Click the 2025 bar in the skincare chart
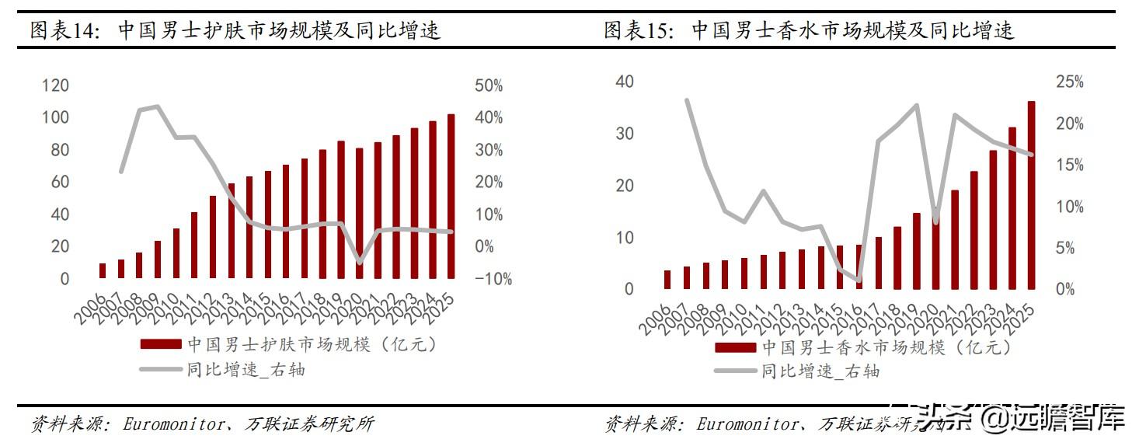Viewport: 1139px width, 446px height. click(451, 196)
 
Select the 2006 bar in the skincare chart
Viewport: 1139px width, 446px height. click(103, 270)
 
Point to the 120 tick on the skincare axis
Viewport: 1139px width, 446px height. click(55, 85)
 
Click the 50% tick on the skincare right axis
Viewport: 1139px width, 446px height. click(489, 85)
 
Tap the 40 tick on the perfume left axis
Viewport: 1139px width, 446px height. click(625, 82)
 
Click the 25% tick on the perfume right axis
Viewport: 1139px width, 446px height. click(1068, 82)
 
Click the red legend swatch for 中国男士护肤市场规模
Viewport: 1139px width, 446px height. click(161, 344)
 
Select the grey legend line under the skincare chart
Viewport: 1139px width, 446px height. click(161, 370)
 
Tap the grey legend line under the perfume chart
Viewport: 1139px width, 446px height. click(735, 371)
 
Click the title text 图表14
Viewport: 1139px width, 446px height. click(65, 31)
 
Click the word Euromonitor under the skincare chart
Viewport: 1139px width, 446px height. click(169, 424)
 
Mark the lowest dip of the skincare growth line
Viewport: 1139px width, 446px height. click(359, 262)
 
